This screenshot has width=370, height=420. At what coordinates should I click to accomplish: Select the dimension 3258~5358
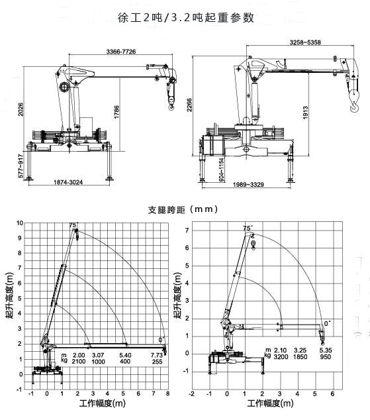305,43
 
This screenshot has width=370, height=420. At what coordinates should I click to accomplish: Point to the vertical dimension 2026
22,108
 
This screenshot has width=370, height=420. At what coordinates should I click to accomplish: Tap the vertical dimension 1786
116,112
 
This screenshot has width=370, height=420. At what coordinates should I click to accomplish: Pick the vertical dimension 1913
309,113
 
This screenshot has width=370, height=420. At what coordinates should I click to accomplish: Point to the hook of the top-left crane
171,101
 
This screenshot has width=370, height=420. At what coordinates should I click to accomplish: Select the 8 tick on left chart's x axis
167,394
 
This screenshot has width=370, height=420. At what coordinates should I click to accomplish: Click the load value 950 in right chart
325,356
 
